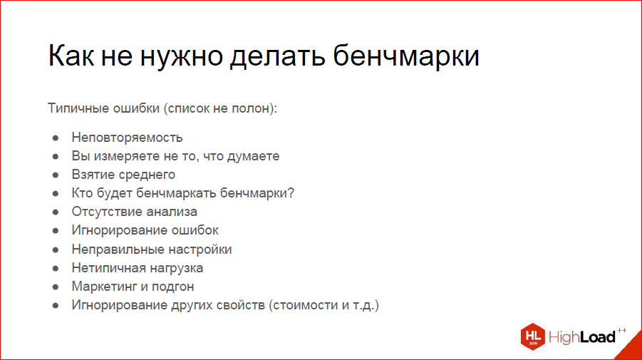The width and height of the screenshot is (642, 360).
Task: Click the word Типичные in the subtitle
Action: pos(77,109)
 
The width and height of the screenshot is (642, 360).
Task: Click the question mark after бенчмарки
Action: pos(291,193)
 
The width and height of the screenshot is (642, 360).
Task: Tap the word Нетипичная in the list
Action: pos(105,268)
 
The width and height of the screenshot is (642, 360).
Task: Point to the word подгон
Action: pos(171,287)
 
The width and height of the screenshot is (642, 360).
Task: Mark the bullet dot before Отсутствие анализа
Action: pos(56,212)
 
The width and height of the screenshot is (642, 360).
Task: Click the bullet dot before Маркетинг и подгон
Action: pos(56,287)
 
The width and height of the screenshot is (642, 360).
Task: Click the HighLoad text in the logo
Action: pos(582,336)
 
